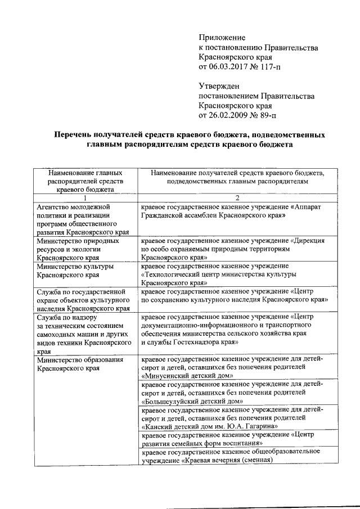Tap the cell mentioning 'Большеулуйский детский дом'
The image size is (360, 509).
237,393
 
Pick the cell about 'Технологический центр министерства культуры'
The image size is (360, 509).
237,274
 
